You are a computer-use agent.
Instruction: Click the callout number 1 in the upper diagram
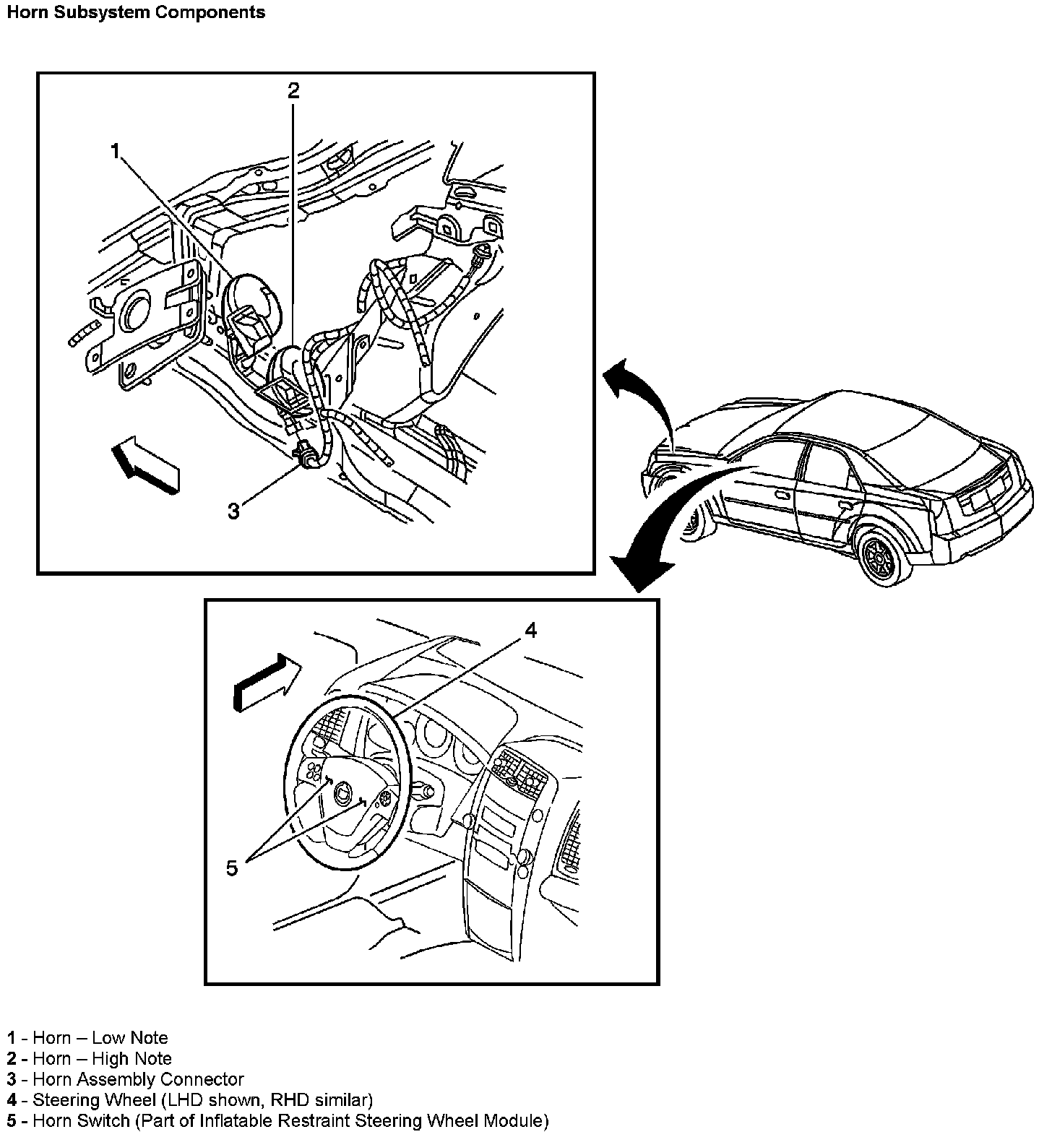(x=114, y=151)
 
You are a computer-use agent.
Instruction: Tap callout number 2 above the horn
(x=293, y=90)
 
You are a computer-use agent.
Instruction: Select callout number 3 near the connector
(x=233, y=511)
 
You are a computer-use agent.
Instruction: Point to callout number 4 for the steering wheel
(x=530, y=631)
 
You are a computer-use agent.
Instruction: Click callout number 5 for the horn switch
(x=231, y=868)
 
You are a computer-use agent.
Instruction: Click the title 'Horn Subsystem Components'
(x=136, y=12)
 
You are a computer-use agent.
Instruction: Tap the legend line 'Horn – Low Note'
(x=100, y=1038)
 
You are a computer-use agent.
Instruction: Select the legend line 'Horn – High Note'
(x=103, y=1059)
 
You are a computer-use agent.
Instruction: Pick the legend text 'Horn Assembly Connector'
(x=139, y=1080)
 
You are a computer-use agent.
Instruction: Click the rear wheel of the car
(x=880, y=555)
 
